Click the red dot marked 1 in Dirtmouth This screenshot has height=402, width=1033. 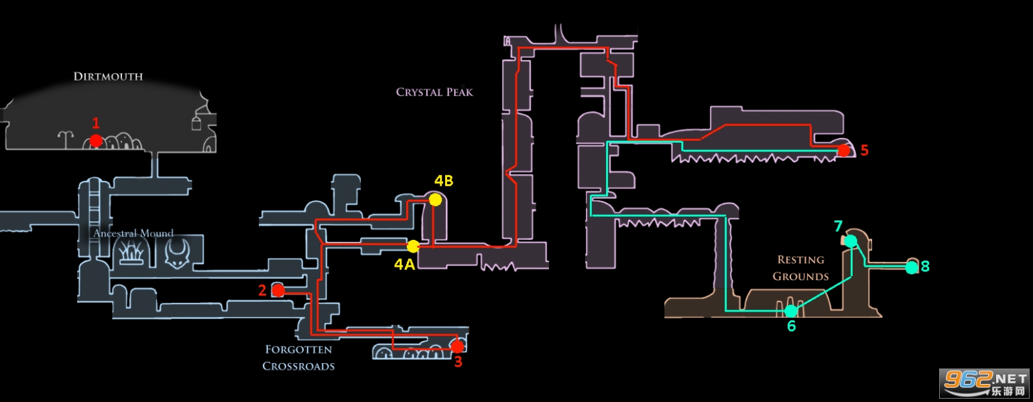96,140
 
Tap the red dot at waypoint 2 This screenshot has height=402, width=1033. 278,290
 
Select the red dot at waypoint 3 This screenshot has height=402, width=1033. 457,346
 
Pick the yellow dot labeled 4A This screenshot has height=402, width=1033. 413,246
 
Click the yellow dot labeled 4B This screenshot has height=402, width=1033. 435,200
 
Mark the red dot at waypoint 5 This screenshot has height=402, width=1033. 843,150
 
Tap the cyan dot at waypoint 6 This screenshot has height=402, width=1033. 792,311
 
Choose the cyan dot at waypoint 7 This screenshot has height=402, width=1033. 851,241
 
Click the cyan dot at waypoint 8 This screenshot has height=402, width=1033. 912,267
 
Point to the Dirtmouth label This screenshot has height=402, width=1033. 108,76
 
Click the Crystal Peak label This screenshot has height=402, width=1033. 434,92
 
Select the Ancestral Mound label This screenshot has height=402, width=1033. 133,233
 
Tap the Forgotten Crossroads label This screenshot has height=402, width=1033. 298,358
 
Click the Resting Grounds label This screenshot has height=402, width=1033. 800,268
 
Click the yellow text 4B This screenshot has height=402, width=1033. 444,181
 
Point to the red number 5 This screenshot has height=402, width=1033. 864,150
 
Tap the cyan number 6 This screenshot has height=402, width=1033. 792,326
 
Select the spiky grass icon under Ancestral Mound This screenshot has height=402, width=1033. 131,254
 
